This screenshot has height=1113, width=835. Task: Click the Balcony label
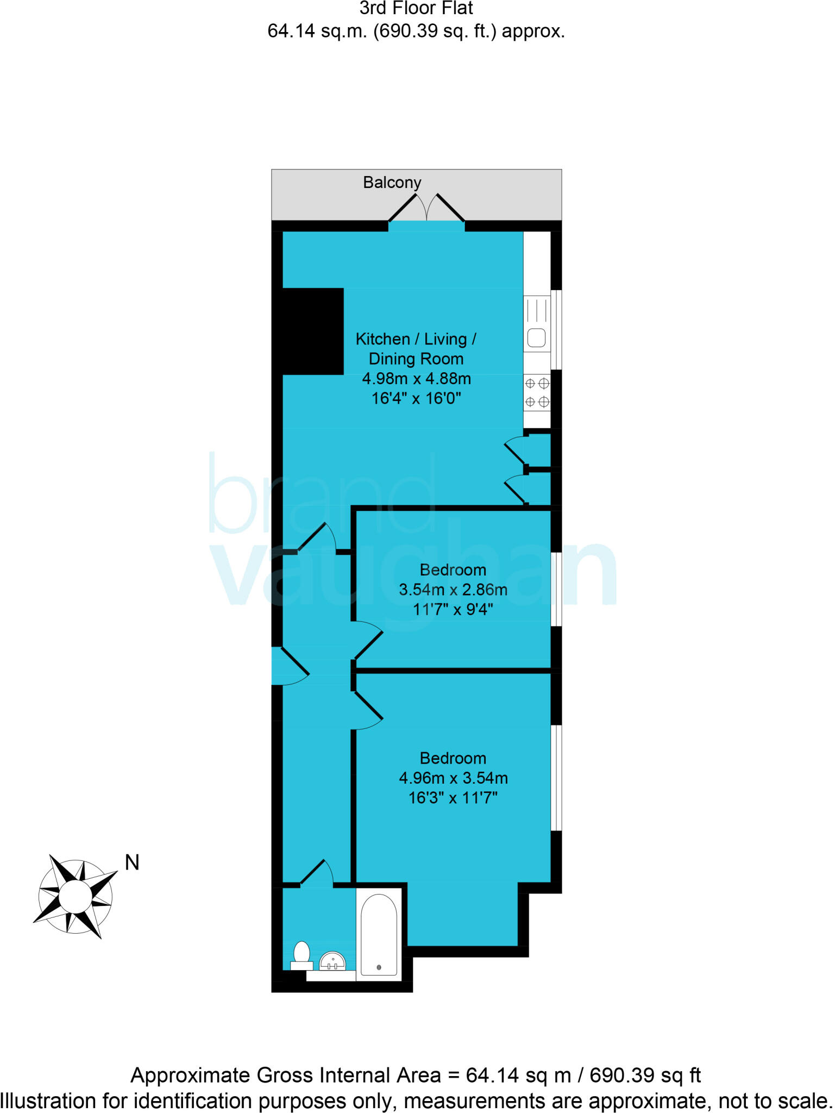pyautogui.click(x=392, y=183)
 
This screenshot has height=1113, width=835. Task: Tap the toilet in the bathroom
pyautogui.click(x=302, y=956)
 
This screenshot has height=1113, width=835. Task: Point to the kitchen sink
pyautogui.click(x=537, y=338)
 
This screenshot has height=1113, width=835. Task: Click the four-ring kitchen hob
pyautogui.click(x=537, y=393)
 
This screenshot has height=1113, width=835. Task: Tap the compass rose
pyautogui.click(x=75, y=896)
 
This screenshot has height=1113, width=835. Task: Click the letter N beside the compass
pyautogui.click(x=132, y=862)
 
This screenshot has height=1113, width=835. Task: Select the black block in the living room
pyautogui.click(x=312, y=331)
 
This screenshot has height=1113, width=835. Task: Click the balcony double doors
pyautogui.click(x=426, y=209)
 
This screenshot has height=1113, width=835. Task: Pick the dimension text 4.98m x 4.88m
pyautogui.click(x=416, y=379)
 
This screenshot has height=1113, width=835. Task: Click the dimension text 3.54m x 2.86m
pyautogui.click(x=453, y=590)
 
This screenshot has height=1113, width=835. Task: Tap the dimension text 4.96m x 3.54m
pyautogui.click(x=453, y=778)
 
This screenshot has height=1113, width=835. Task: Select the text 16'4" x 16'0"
pyautogui.click(x=416, y=399)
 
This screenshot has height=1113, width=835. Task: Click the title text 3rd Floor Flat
pyautogui.click(x=416, y=9)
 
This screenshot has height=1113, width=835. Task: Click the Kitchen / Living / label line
pyautogui.click(x=416, y=339)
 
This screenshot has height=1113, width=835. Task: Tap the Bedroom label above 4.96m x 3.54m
pyautogui.click(x=453, y=758)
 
